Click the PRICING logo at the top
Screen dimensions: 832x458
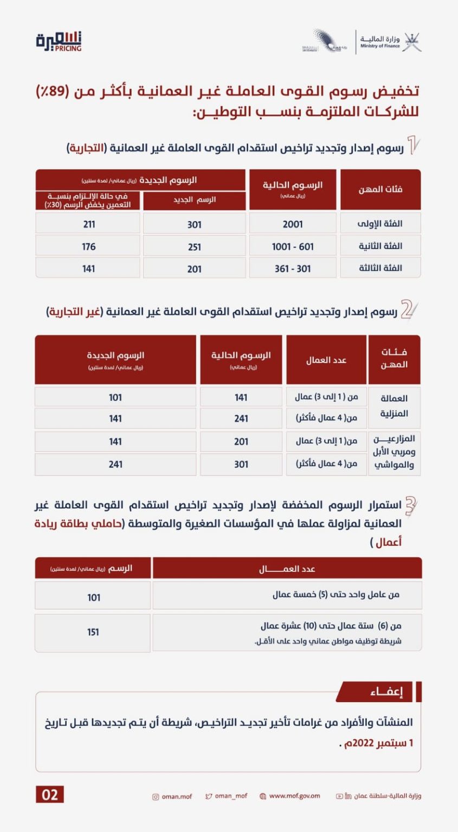click(x=59, y=42)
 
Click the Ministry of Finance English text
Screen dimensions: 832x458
click(x=380, y=46)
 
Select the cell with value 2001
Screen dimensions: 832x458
click(x=293, y=224)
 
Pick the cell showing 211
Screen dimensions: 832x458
click(x=89, y=224)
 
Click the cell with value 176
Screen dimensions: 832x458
click(x=89, y=246)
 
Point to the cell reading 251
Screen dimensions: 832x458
click(x=194, y=247)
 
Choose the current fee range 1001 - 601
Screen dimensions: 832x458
click(x=293, y=246)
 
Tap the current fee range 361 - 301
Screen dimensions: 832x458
click(x=293, y=268)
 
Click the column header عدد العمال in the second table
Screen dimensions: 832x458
click(x=326, y=360)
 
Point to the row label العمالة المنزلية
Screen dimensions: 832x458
click(x=394, y=406)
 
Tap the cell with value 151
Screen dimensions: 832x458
click(x=93, y=632)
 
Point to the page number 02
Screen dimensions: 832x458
click(x=50, y=795)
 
